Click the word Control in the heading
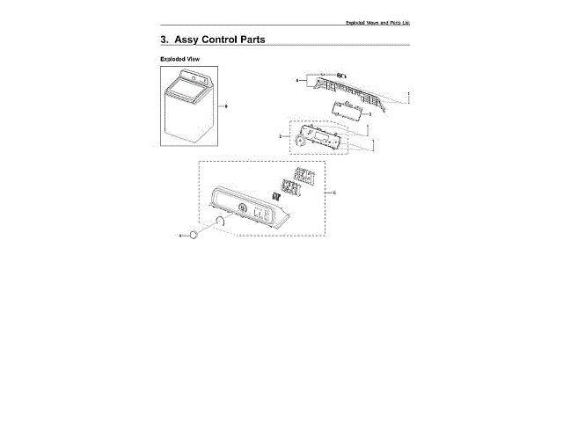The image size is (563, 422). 222,40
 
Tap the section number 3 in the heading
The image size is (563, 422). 165,40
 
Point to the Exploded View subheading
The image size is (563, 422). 179,59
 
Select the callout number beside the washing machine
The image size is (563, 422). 226,105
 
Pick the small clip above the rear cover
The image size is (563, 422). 342,75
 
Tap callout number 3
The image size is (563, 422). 369,114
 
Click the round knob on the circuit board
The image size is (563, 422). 302,141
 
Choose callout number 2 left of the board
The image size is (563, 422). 280,136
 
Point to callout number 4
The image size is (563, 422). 181,236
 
